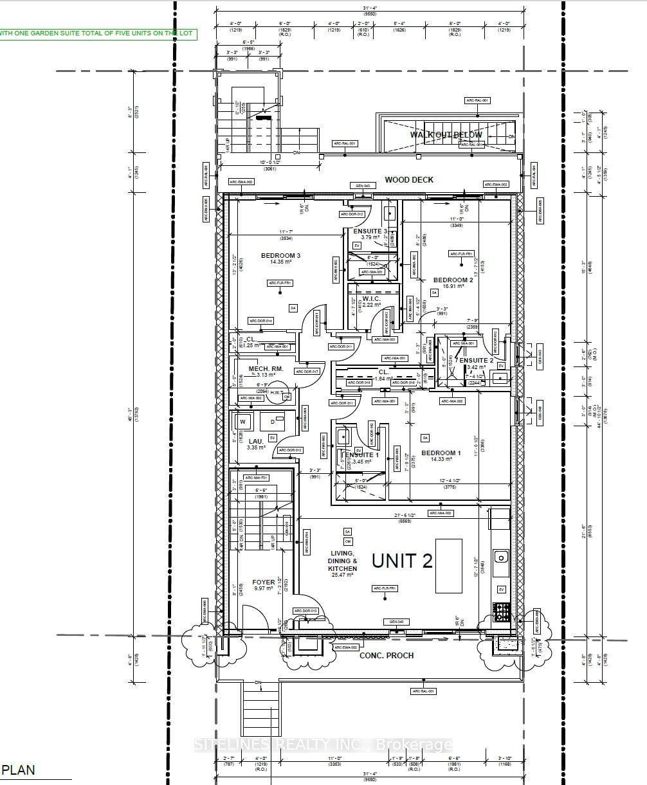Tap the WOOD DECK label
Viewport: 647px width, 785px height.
tap(409, 180)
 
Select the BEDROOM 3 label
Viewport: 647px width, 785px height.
tap(280, 256)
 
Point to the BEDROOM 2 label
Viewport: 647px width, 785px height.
tap(453, 280)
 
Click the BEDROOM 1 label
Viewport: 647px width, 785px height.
tap(441, 453)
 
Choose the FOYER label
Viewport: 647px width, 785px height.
tap(264, 582)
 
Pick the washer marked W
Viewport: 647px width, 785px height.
tap(243, 422)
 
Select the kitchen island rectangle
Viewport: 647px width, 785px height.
tap(448, 566)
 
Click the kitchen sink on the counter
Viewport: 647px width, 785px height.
tap(501, 556)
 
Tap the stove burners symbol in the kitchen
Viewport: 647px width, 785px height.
tap(502, 612)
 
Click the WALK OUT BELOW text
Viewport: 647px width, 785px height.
tap(446, 135)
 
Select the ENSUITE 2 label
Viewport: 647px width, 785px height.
tap(477, 361)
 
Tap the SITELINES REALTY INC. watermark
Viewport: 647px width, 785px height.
tap(323, 745)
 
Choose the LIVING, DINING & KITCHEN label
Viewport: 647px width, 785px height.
tap(343, 561)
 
